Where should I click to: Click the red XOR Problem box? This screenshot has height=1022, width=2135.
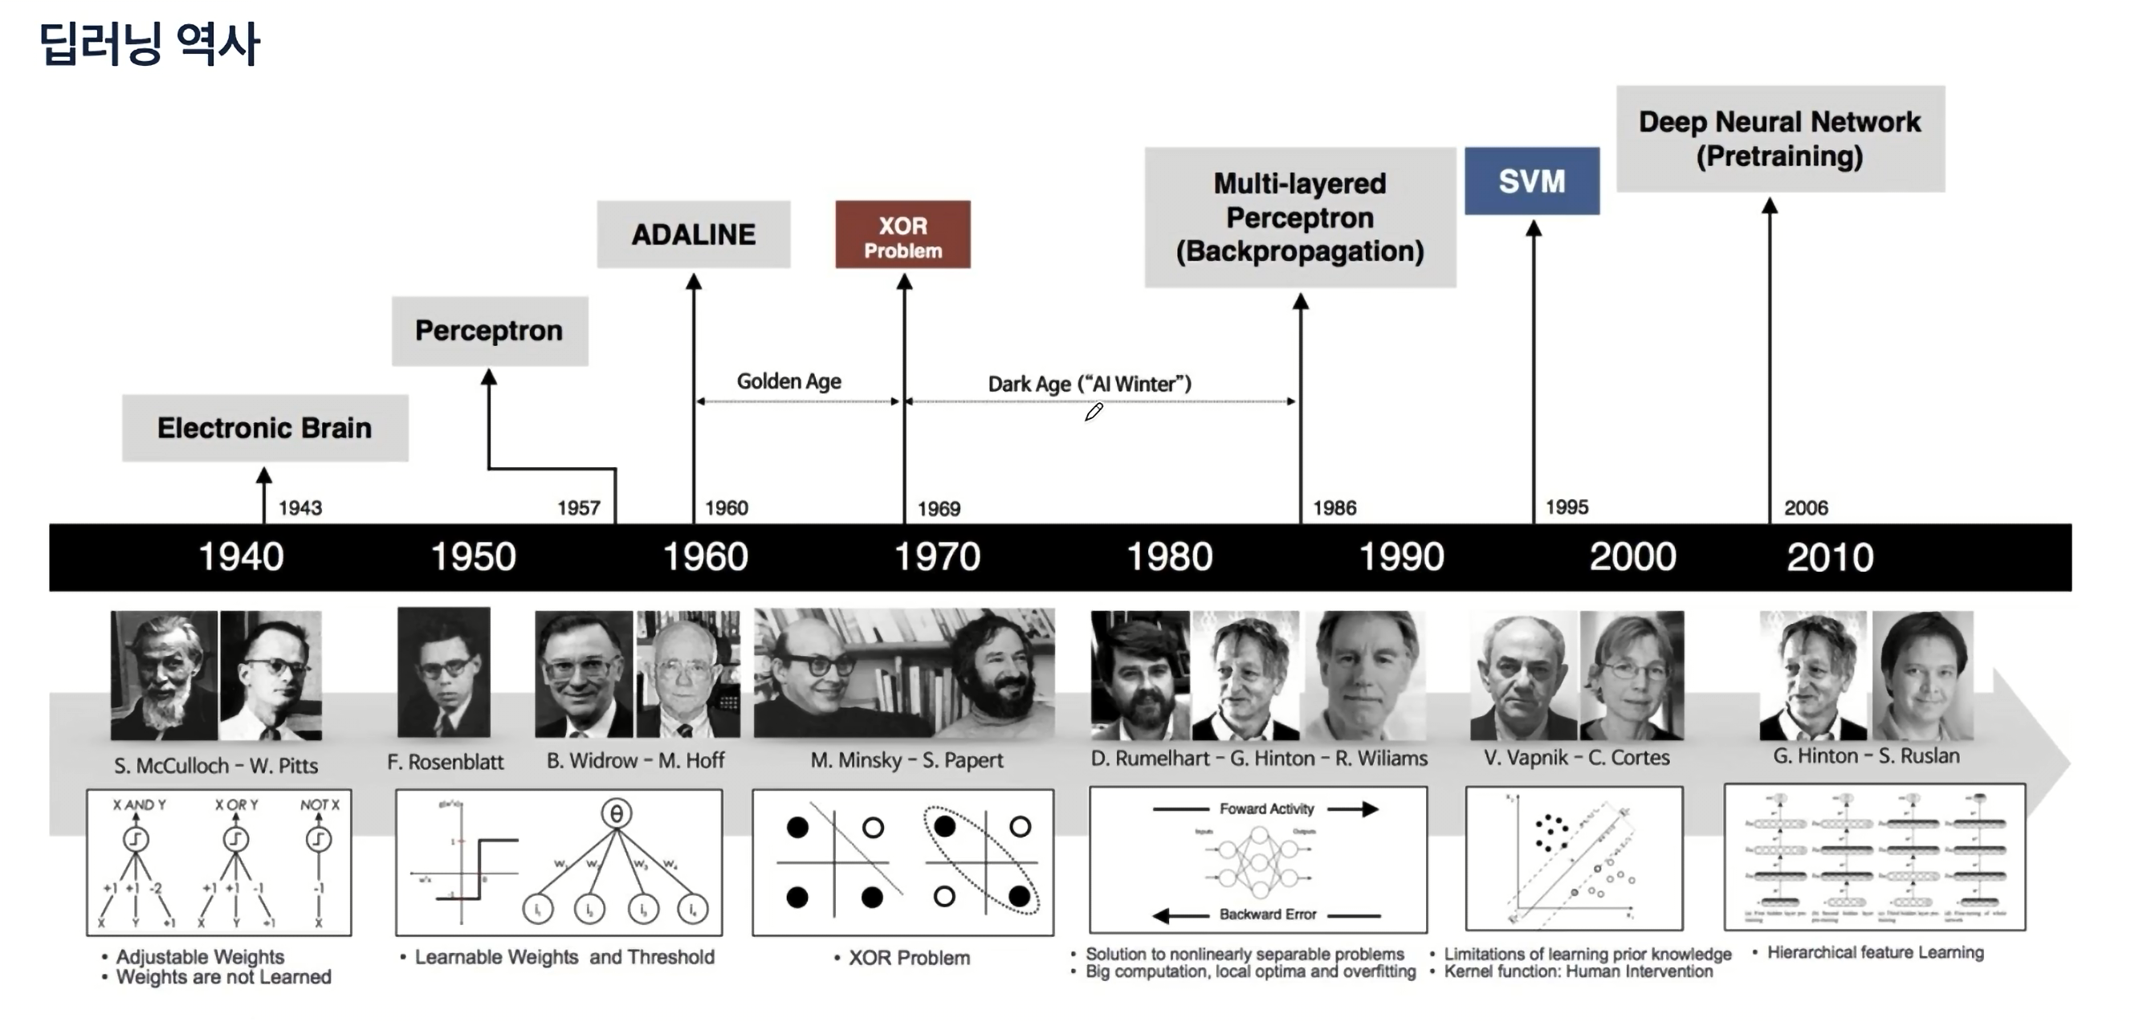902,234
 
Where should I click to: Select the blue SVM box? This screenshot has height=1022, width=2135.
1532,181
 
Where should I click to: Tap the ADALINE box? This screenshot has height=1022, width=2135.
694,234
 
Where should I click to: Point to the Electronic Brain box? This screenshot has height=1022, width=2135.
264,428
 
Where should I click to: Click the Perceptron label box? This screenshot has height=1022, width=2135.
489,331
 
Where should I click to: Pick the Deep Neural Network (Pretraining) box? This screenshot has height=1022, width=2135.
1779,139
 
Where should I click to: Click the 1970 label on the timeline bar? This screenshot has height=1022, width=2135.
937,557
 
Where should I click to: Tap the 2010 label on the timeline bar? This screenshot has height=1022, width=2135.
1830,557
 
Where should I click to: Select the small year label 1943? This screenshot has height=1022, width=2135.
300,508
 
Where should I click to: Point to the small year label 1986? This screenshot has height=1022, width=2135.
1334,508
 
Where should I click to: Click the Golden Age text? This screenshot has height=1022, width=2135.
789,381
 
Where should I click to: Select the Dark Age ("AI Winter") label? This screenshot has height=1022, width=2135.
1089,384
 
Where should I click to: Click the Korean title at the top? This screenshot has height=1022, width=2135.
149,43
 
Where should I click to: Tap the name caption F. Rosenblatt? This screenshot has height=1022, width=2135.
445,762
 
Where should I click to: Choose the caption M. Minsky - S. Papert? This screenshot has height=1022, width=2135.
907,760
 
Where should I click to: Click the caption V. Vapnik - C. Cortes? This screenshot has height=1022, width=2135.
1576,758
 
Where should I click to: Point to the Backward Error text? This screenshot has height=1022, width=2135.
1267,914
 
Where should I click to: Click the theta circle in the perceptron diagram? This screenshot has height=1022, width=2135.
616,814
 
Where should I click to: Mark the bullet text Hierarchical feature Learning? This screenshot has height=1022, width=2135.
1875,952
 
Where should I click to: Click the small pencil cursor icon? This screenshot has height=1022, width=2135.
1093,412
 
